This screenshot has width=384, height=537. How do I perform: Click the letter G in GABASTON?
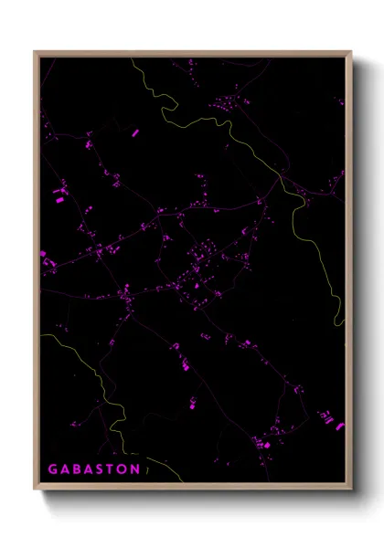pos(53,469)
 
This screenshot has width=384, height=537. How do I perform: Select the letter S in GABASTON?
pos(102,469)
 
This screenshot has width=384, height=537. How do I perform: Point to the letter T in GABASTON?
pos(113,469)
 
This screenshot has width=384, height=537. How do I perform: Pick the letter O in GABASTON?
pos(124,469)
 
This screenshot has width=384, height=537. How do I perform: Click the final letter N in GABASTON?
pos(136,469)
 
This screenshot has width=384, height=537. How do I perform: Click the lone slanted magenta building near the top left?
pos(134,133)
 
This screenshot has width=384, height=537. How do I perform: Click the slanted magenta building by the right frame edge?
pos(340,425)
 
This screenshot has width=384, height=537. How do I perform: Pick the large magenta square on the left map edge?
pos(42,255)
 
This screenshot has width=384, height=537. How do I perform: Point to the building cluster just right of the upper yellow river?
pos(224,105)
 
